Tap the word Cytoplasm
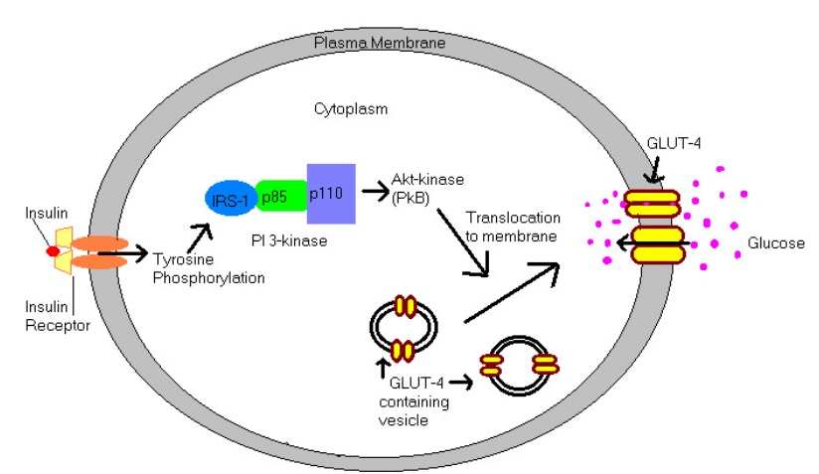351,107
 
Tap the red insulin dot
53,251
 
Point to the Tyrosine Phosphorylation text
209,268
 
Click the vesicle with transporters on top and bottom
404,326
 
